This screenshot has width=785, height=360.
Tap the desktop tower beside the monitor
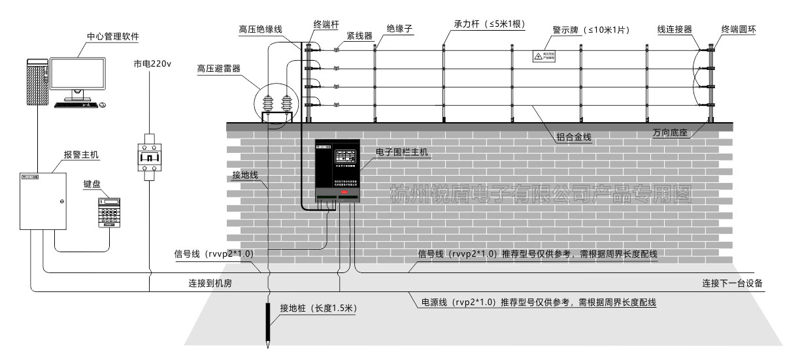point(37,81)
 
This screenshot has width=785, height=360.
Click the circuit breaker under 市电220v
point(150,153)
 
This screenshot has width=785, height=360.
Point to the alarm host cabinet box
point(43,200)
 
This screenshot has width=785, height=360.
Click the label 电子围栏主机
point(402,152)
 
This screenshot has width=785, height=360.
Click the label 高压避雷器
point(219,69)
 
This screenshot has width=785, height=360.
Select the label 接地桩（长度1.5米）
point(318,308)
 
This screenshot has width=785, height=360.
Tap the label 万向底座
point(671,133)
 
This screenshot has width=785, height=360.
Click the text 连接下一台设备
point(732,283)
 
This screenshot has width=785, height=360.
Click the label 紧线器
point(359,35)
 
